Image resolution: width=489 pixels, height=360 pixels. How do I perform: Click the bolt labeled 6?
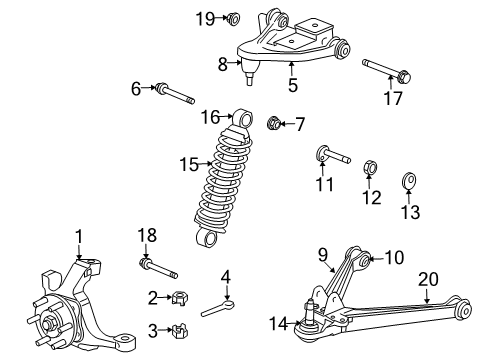point(172,97)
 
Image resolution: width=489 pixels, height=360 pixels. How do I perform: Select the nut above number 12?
point(367,166)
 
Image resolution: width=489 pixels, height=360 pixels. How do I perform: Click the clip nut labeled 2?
point(180,296)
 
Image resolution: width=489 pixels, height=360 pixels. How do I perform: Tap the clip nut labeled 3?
point(180,330)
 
